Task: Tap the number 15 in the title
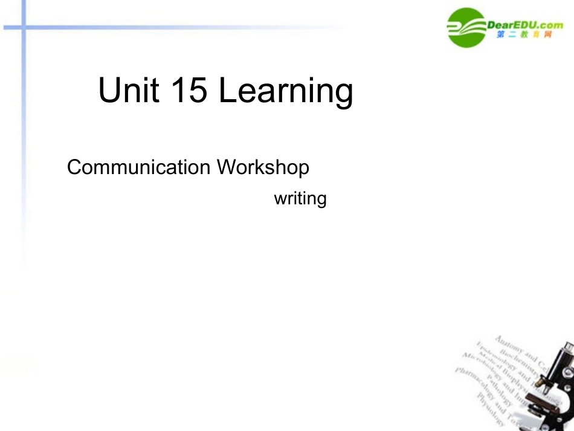click(189, 90)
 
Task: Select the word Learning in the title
click(285, 92)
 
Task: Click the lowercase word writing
click(300, 198)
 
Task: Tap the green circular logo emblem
click(466, 27)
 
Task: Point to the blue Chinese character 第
click(501, 35)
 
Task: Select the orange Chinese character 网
click(547, 35)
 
